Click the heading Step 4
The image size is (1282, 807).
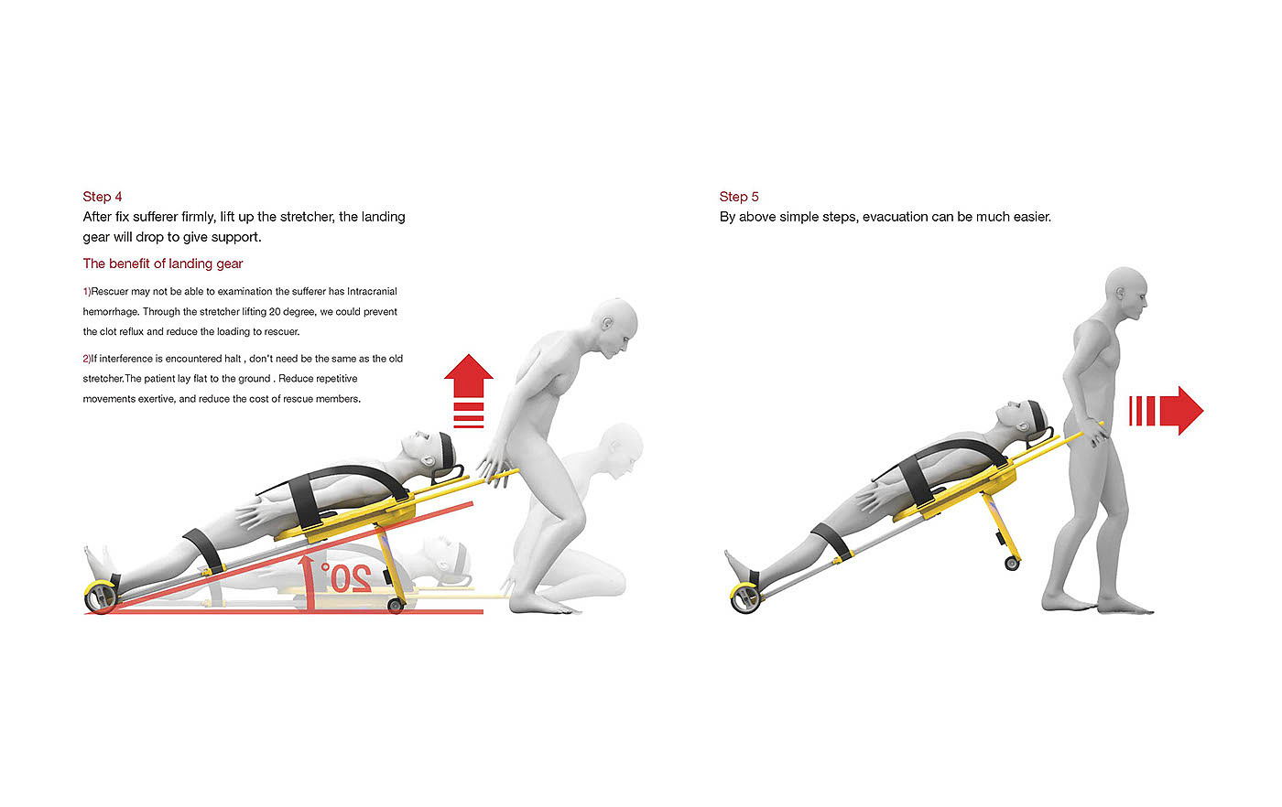pos(103,197)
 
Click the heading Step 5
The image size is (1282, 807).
pos(739,197)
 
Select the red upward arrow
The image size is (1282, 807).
pos(469,391)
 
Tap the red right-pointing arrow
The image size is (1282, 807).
pos(1167,411)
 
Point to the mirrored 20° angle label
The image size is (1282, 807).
pos(346,577)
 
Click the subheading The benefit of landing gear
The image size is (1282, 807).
pos(163,264)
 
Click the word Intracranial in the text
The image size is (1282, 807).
pos(372,292)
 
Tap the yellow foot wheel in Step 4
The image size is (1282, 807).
pos(101,597)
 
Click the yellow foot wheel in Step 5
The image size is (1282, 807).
pos(745,598)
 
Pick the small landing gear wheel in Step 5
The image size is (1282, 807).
pos(1012,564)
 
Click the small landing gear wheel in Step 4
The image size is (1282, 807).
pos(396,606)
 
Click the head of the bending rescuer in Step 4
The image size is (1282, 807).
pos(615,328)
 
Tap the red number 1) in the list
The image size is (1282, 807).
pos(86,292)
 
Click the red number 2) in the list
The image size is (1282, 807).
pos(86,359)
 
